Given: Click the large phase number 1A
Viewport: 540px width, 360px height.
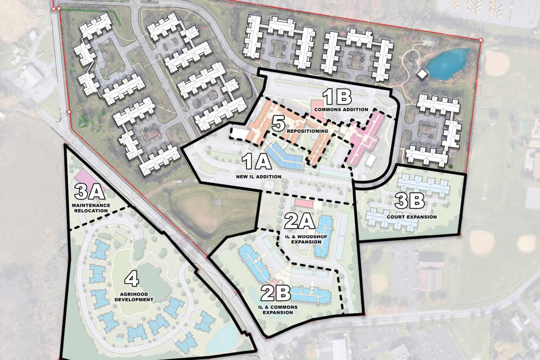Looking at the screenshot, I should (x=257, y=161).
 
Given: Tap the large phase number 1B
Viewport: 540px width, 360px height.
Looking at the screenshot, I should (x=337, y=97).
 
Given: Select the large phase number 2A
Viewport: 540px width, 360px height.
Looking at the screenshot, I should (x=300, y=222).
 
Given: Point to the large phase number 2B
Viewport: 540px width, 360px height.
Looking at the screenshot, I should (x=275, y=293).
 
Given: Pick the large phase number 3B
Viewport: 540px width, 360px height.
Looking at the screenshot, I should (x=409, y=201).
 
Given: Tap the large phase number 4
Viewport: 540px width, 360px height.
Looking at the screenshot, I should (x=132, y=279).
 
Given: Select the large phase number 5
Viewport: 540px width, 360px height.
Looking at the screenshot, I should (x=278, y=123).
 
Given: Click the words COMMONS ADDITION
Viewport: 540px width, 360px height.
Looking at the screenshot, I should (x=341, y=110).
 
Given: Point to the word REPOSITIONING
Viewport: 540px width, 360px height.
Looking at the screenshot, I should (x=307, y=131).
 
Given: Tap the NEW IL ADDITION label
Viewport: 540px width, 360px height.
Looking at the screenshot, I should (x=259, y=176).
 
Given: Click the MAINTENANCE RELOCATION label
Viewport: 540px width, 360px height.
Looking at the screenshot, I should (x=91, y=208).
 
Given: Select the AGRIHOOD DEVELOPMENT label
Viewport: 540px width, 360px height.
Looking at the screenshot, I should (x=134, y=297).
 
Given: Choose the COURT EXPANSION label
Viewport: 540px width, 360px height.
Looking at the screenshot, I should (x=412, y=217).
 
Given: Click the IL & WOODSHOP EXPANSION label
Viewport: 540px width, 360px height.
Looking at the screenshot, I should (x=306, y=239).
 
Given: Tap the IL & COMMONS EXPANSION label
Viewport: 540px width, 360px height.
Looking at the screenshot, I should (x=278, y=310).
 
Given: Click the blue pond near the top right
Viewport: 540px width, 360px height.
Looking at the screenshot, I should (x=447, y=63).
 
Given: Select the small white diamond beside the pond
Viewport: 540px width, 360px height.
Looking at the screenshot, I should (x=422, y=73).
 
